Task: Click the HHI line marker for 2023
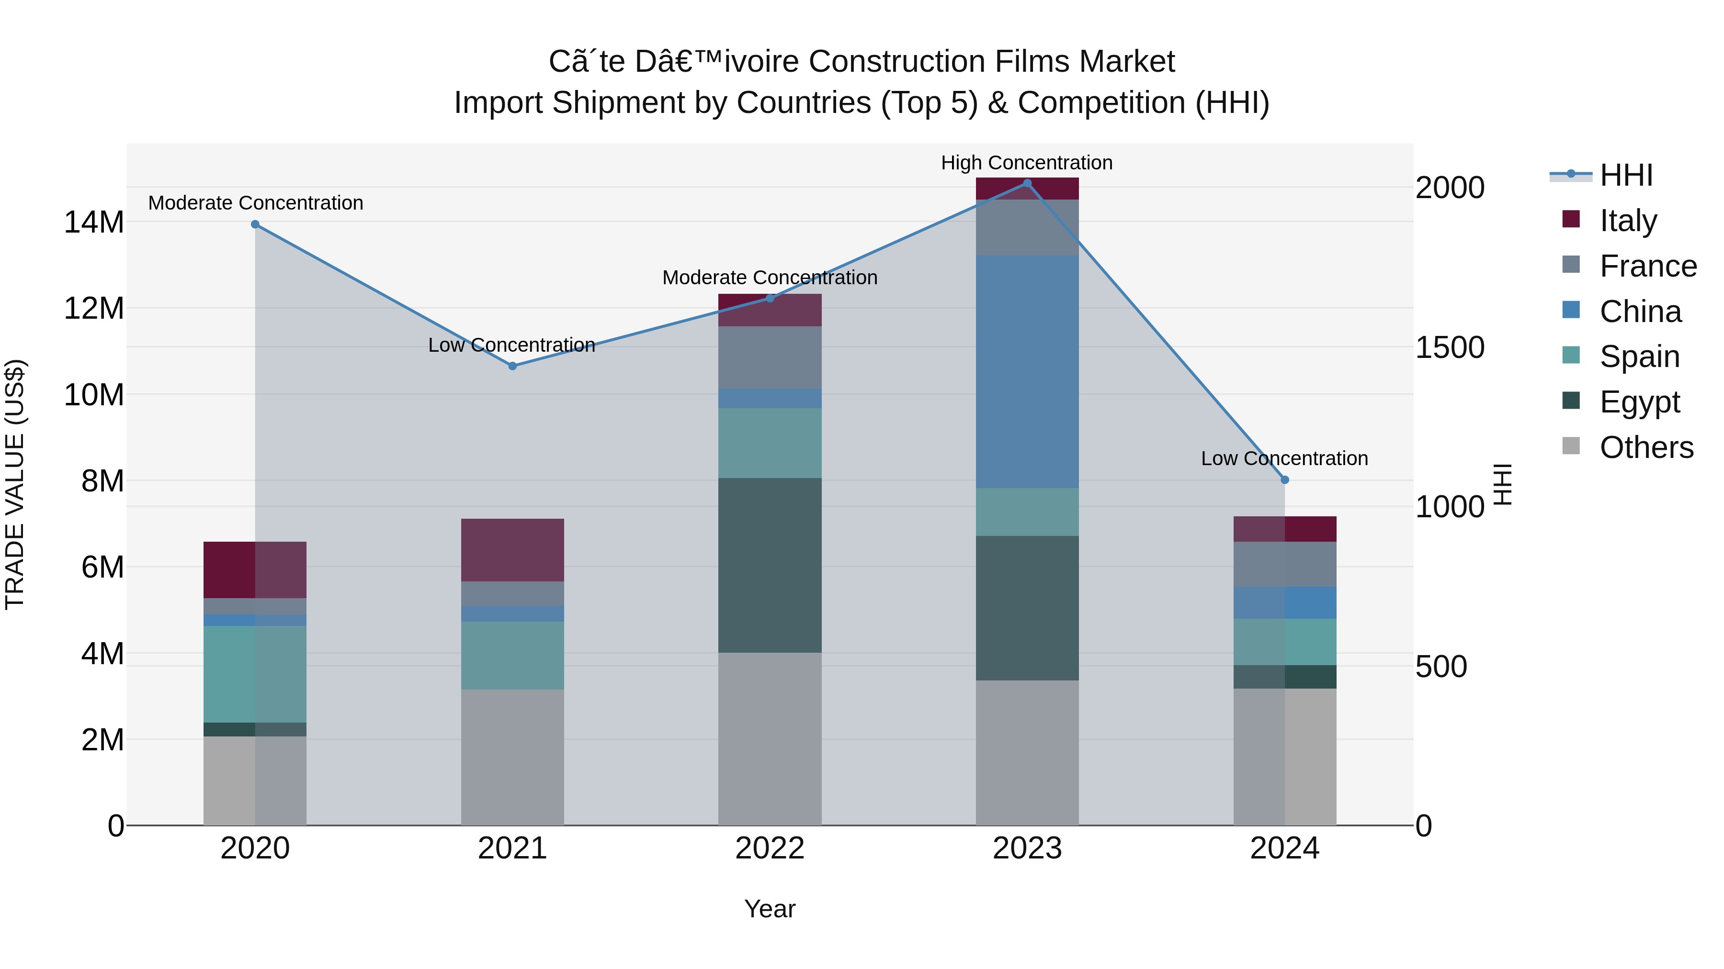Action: (x=1027, y=183)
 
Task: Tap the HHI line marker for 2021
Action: (x=512, y=366)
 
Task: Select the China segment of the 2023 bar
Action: (x=1027, y=372)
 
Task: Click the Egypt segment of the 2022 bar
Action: (x=770, y=565)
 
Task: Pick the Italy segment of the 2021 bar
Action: (x=512, y=550)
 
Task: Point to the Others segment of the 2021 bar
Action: (x=512, y=757)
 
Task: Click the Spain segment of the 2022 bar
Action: (x=770, y=443)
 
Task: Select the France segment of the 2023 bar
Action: (x=1027, y=227)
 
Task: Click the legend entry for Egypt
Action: (x=1640, y=402)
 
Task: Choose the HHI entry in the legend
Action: (x=1626, y=175)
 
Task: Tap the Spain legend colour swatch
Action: (x=1571, y=356)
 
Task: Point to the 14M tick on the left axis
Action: (x=94, y=222)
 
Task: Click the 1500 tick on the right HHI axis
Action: (x=1450, y=347)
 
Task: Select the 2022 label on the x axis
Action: (x=770, y=848)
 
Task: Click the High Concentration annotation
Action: (x=1027, y=163)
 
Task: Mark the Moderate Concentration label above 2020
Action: (x=256, y=202)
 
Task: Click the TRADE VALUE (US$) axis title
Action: (x=15, y=484)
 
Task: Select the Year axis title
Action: (x=770, y=909)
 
